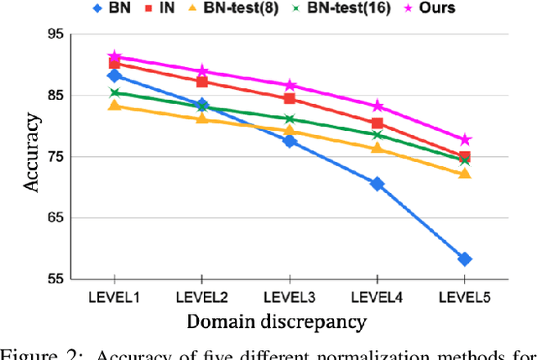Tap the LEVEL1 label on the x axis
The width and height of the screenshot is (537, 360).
click(x=113, y=296)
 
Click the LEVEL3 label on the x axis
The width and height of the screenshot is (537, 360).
click(x=289, y=296)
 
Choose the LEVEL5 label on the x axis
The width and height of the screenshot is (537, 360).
click(x=464, y=296)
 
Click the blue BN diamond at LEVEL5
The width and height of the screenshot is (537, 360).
click(x=464, y=259)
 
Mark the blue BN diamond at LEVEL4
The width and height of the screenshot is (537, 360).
click(x=377, y=184)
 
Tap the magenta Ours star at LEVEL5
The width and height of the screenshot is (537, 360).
click(x=464, y=139)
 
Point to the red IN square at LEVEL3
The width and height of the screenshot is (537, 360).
click(x=289, y=98)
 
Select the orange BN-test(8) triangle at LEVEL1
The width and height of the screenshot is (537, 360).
click(x=114, y=106)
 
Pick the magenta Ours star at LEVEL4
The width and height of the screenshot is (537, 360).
click(x=377, y=107)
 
